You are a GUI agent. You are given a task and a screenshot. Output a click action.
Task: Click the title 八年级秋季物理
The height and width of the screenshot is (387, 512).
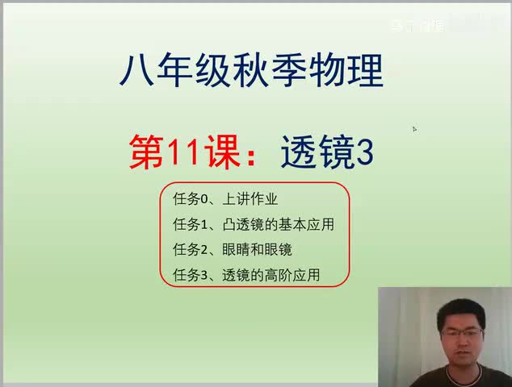tap(251, 72)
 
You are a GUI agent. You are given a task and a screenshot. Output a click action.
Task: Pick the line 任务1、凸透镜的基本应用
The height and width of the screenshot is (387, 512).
tap(253, 223)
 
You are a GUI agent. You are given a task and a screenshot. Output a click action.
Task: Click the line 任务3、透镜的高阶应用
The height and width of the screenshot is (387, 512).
tap(246, 275)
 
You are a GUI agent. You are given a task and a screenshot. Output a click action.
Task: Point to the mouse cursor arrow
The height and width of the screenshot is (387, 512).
tap(414, 128)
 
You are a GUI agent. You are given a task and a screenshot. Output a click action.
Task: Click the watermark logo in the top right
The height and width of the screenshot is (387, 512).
tap(416, 26)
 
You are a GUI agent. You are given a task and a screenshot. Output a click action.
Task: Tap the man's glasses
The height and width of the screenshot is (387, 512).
tap(463, 331)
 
